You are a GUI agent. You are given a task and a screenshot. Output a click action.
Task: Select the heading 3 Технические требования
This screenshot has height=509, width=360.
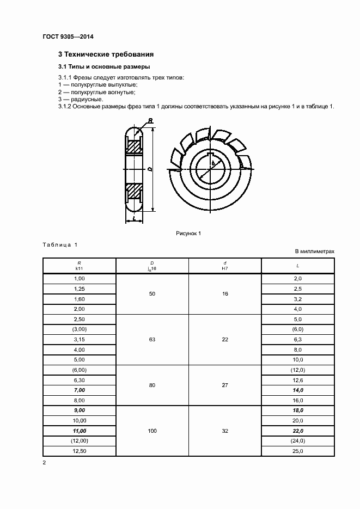tap(106, 54)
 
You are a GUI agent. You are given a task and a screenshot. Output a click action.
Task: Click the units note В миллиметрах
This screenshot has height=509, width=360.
tap(314, 251)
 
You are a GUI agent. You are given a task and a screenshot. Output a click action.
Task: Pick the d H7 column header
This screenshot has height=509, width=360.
tap(225, 265)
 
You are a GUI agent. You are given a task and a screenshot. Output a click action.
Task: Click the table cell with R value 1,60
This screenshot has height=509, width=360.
tap(79, 299)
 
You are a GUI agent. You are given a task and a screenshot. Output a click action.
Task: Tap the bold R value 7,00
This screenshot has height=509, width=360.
tap(79, 390)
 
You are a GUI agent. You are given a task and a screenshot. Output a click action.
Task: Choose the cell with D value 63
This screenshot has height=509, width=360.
tap(152, 339)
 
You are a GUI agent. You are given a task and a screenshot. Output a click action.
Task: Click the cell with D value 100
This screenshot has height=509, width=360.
tap(152, 431)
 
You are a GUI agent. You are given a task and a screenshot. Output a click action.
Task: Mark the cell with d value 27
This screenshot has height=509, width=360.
tap(225, 385)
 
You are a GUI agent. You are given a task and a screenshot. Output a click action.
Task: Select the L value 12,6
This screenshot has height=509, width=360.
tap(298, 380)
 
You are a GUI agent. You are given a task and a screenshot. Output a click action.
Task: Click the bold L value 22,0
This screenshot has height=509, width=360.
tap(298, 431)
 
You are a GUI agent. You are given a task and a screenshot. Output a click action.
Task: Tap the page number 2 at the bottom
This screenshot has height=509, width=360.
tap(45, 463)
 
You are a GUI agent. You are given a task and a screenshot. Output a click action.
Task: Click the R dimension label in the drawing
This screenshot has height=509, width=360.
tap(150, 121)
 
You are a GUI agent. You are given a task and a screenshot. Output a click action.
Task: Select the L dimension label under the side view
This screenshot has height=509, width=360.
tap(133, 218)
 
